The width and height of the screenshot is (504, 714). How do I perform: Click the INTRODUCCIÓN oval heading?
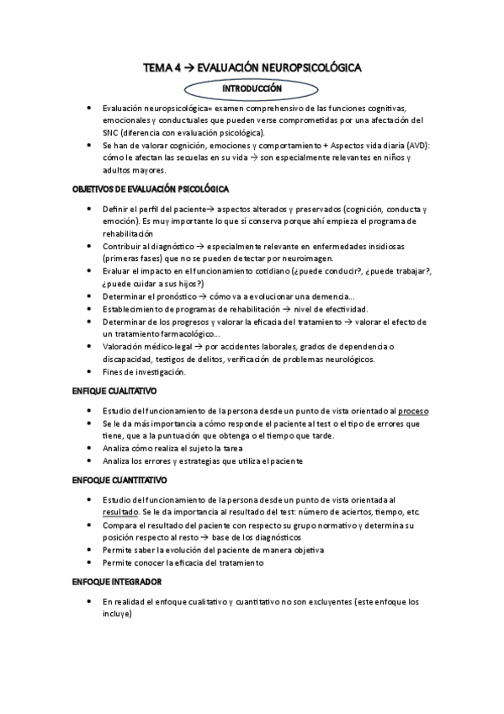252,88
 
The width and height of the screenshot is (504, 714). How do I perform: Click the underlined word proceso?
413,410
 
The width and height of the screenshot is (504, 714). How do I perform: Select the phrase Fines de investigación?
144,371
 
